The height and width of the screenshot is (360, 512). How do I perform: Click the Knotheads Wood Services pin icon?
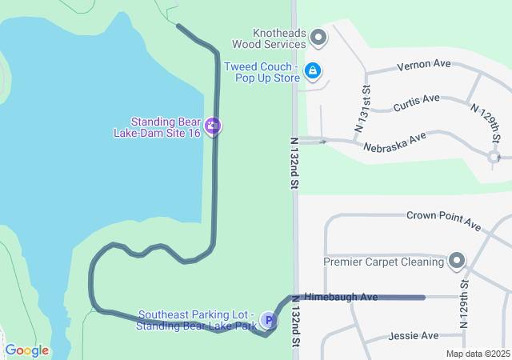point(318,38)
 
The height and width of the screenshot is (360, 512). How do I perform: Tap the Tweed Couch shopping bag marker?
point(313,72)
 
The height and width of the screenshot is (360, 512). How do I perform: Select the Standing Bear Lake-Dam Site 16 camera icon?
point(213,126)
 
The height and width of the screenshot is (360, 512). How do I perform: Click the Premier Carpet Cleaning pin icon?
point(456,261)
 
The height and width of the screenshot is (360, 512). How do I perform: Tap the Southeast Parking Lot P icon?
point(269,321)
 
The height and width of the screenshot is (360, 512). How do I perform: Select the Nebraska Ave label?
point(394,142)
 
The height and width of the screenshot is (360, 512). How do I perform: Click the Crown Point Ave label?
point(442,216)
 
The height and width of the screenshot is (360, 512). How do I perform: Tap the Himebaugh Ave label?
point(341,297)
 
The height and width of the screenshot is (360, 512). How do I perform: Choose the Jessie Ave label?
point(413,336)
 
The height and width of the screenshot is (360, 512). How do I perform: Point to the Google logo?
point(26,350)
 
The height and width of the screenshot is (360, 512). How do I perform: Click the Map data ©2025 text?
point(478,354)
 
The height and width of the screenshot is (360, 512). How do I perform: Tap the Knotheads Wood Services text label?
point(269,38)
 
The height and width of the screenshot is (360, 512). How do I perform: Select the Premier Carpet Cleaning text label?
point(383,262)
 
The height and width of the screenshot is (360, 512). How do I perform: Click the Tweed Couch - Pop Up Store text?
point(262,72)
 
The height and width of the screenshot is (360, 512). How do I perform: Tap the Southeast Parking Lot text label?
point(197,320)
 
